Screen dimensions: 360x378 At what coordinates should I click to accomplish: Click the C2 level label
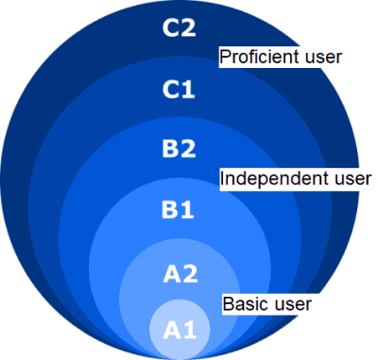coord(179,28)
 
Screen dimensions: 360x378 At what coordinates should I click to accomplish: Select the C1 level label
coord(179,90)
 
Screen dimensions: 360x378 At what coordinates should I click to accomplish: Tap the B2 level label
coord(179,148)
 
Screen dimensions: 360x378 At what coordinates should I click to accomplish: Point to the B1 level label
coord(179,209)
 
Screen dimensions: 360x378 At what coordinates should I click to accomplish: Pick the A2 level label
coord(179,274)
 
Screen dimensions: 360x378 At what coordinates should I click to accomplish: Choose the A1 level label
coord(179,330)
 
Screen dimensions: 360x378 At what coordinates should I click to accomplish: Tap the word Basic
coord(245,304)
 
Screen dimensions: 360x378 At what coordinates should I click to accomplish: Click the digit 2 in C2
coord(188,28)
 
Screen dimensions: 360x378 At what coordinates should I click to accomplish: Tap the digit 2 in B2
coord(188,148)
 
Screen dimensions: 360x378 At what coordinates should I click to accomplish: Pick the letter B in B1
coord(170,209)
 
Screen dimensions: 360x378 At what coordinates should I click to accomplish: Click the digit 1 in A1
coord(189,330)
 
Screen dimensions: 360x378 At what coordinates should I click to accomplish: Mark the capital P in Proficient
coord(225,58)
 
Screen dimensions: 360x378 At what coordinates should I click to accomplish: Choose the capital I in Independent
coord(223,178)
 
